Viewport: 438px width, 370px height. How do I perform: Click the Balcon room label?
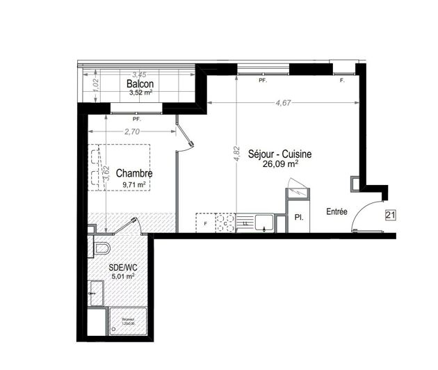(140, 84)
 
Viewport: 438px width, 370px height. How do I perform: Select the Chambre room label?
(134, 173)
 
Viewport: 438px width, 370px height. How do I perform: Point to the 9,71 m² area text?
(133, 184)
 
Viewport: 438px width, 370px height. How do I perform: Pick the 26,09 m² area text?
(281, 165)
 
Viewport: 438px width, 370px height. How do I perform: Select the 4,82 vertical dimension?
(235, 154)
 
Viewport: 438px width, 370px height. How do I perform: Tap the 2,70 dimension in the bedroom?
(132, 131)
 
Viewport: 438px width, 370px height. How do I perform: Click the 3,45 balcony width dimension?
(139, 74)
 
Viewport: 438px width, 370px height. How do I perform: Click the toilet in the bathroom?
(100, 248)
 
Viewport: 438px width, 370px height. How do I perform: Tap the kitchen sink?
(263, 222)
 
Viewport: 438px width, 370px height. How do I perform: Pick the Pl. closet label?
(299, 218)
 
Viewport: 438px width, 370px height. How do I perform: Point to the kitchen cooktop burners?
(225, 222)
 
